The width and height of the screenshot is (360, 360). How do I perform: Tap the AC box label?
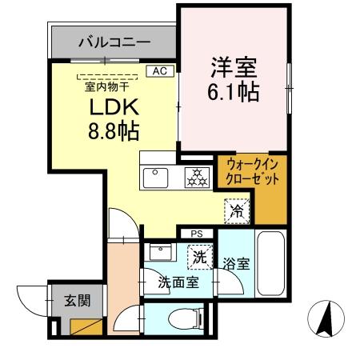[x=158, y=71]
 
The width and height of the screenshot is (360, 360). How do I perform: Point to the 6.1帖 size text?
[x=234, y=92]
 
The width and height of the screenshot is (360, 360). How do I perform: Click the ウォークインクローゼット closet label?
[x=252, y=172]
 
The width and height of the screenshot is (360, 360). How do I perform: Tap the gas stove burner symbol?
[x=196, y=177]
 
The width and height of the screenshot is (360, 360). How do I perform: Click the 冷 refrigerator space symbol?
[x=238, y=211]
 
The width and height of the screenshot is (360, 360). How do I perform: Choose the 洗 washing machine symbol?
[x=197, y=256]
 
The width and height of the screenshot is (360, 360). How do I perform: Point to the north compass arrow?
[x=326, y=318]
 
